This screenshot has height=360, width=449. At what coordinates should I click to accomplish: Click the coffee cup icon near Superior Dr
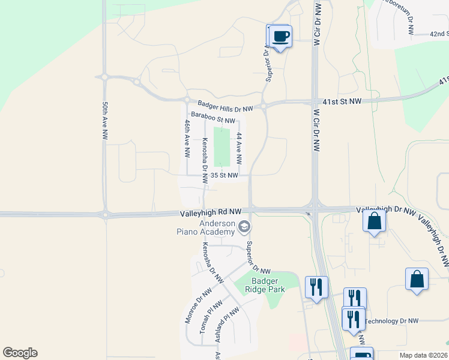280,36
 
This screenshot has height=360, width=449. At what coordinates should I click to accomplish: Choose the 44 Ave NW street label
239,148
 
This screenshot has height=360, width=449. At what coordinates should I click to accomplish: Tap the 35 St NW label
224,176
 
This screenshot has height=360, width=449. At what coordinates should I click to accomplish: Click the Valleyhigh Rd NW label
210,212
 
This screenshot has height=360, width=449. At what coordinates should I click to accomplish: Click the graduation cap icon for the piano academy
244,227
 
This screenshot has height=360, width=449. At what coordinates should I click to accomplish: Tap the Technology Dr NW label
391,322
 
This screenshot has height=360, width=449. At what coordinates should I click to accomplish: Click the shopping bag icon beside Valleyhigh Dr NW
375,221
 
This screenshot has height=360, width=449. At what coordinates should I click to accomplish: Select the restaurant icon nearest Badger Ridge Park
316,287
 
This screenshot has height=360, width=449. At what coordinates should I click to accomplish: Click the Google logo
20,353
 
